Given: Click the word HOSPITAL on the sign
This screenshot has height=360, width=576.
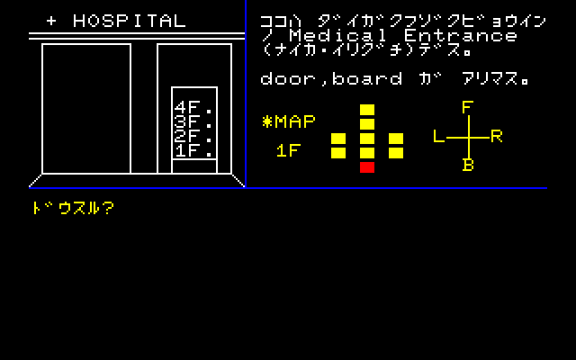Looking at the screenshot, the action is coord(130,21).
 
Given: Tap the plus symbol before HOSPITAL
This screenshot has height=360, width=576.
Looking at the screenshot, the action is coord(51,22).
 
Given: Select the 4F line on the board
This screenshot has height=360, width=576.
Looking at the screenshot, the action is coord(193,108).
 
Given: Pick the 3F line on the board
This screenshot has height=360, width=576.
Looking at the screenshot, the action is coord(193,122).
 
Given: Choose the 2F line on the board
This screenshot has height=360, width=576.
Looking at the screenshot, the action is coord(193,136).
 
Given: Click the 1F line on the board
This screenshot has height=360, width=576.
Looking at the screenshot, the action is coord(193,150).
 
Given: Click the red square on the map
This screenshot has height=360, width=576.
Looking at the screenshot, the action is coord(367,167).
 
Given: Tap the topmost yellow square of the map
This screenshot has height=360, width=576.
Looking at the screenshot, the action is coord(367,110).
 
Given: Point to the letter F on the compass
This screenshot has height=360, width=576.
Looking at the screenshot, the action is coord(467,108).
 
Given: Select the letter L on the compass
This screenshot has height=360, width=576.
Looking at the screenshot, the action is coord(438,136).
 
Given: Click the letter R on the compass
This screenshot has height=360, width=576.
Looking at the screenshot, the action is coord(496,136).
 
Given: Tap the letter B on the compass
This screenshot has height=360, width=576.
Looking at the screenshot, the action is coord(468,165).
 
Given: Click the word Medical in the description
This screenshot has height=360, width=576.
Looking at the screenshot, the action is coord(338,36).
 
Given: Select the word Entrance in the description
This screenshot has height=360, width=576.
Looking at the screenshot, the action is coord(461,36).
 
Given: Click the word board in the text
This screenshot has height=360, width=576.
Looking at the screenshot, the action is coord(367,78).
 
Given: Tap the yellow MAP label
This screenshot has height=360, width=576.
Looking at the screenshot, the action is coord(289,122).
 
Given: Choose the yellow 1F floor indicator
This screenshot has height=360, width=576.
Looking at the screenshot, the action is coord(289,150).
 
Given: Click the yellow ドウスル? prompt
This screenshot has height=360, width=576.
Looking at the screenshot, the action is coord(73,208).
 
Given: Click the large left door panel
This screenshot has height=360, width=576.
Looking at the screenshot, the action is coord(86,109).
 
